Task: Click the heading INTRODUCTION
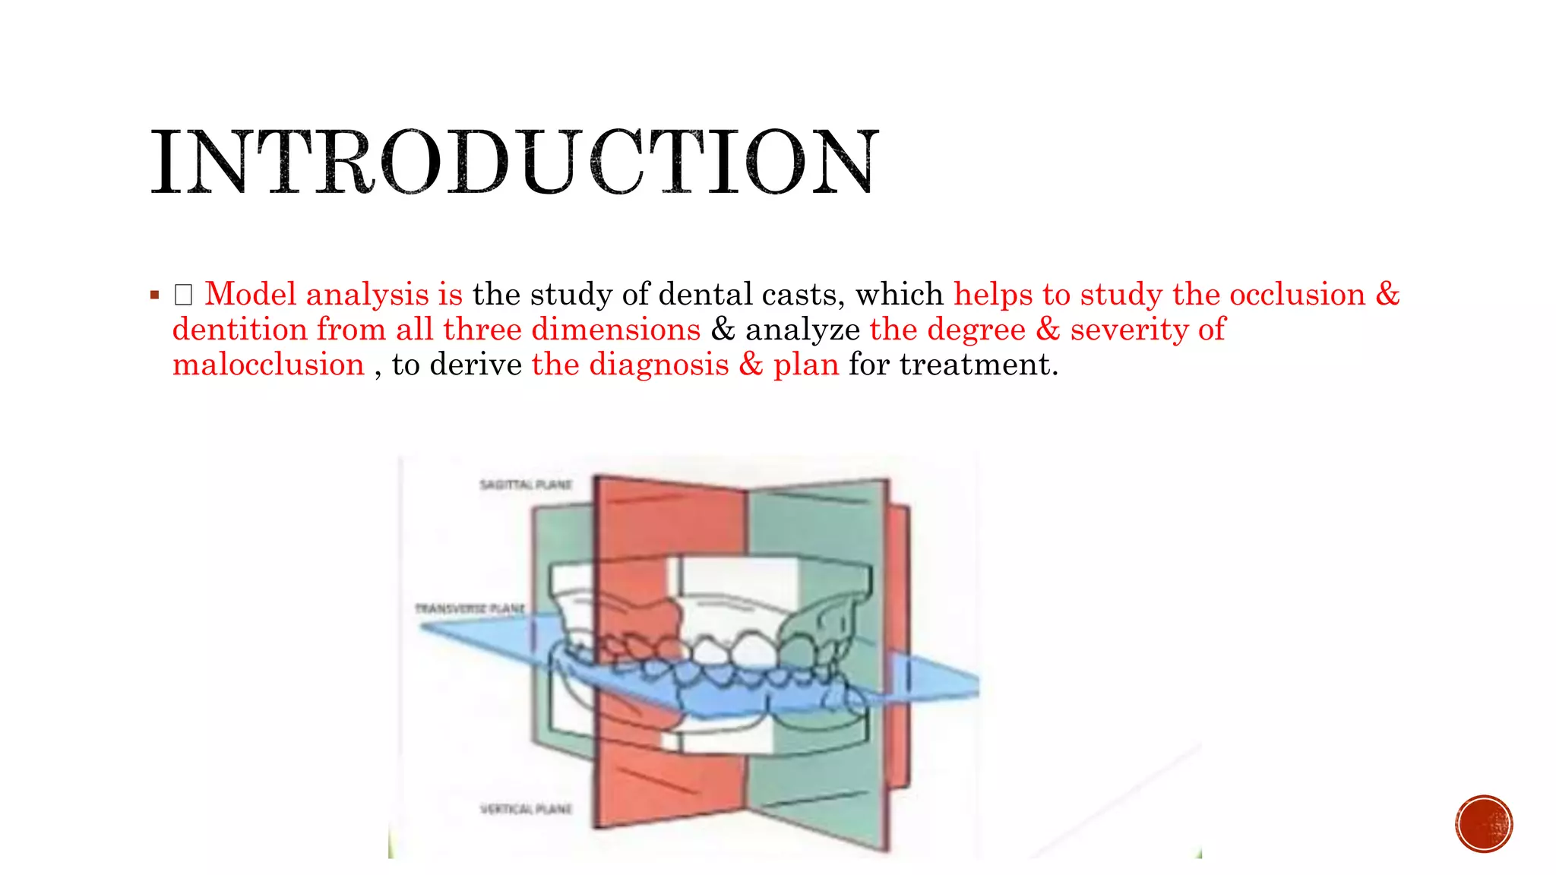pyautogui.click(x=514, y=162)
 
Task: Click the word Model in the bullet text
pyautogui.click(x=250, y=294)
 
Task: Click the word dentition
pyautogui.click(x=239, y=330)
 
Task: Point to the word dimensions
pyautogui.click(x=615, y=330)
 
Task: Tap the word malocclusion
pyautogui.click(x=268, y=365)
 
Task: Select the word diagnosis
pyautogui.click(x=659, y=365)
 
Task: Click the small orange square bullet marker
pyautogui.click(x=155, y=295)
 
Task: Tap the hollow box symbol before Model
pyautogui.click(x=183, y=295)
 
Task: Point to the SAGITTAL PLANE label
pyautogui.click(x=526, y=485)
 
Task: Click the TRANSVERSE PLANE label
pyautogui.click(x=470, y=608)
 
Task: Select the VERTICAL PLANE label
pyautogui.click(x=526, y=809)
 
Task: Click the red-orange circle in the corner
pyautogui.click(x=1484, y=823)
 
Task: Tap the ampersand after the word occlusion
pyautogui.click(x=1387, y=294)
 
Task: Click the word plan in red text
pyautogui.click(x=805, y=365)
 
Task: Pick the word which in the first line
pyautogui.click(x=900, y=294)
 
